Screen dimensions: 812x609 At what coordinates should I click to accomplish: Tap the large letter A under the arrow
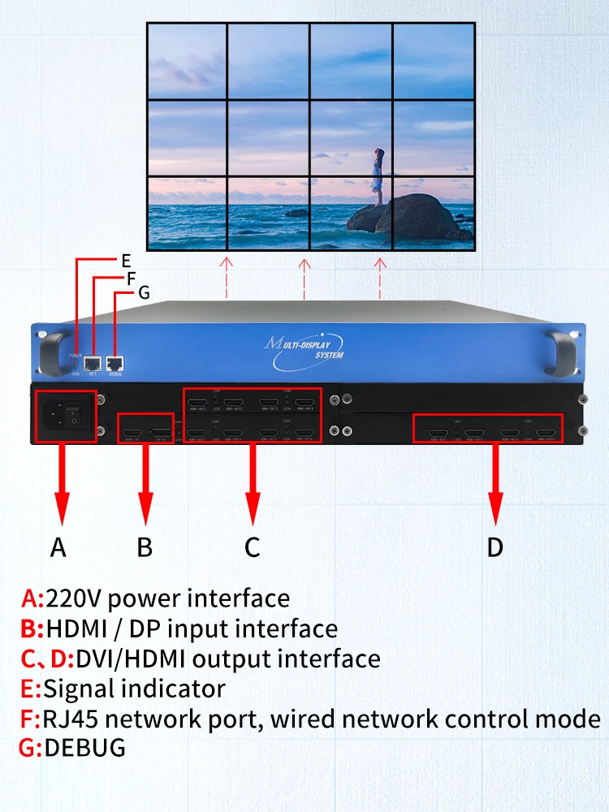58,547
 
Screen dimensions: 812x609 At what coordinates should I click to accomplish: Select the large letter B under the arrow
145,547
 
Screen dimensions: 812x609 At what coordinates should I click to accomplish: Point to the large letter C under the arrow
253,547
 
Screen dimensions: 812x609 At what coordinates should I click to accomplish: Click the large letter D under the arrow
495,547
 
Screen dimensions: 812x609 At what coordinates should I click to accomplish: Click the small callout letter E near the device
126,261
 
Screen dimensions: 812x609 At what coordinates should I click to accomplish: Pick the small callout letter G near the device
144,292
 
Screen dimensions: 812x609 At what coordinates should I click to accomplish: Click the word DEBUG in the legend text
85,747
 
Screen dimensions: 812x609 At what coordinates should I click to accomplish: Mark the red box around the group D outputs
495,428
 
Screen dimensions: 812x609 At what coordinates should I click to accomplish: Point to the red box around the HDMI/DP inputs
146,429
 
